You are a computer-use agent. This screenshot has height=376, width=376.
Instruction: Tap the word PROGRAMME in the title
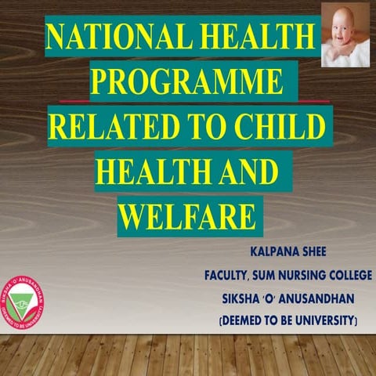[x=188, y=81]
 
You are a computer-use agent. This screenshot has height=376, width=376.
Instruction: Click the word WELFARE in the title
[x=189, y=215]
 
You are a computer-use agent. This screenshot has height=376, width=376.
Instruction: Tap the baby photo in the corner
[x=345, y=34]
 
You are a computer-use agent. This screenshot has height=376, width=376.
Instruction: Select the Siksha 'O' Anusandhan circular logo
[x=24, y=302]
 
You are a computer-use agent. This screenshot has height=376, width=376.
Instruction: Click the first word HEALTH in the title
[x=246, y=37]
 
